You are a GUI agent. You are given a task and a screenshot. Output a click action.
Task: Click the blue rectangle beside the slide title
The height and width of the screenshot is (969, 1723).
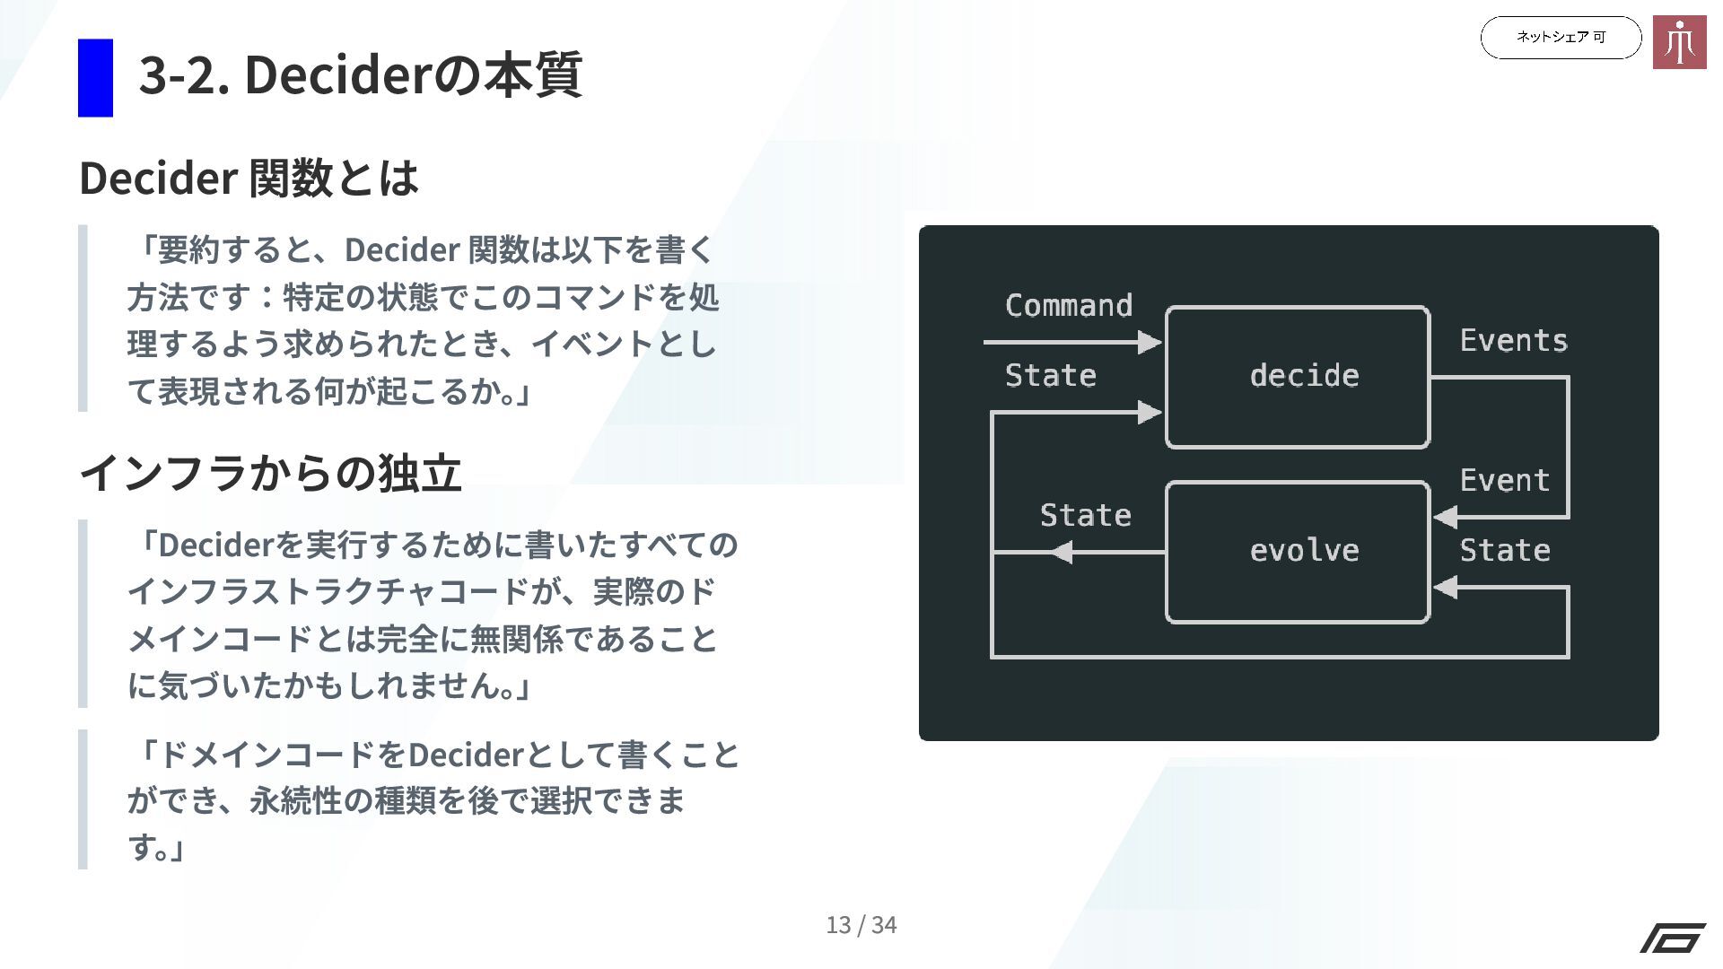[x=95, y=78]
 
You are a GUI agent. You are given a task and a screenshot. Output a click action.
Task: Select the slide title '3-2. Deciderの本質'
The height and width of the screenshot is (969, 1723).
[x=360, y=74]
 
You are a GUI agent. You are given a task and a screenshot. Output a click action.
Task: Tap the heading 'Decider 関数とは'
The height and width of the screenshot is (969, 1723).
[x=249, y=178]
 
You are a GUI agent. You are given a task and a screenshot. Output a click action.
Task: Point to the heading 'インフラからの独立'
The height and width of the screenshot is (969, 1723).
[x=270, y=473]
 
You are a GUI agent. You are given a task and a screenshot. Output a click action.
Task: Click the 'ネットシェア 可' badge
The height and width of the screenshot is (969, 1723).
[x=1561, y=38]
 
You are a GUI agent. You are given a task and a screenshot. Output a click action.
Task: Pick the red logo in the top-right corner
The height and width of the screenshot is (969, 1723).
[x=1679, y=42]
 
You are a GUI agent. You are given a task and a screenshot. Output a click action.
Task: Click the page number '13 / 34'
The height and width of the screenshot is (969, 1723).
[x=861, y=925]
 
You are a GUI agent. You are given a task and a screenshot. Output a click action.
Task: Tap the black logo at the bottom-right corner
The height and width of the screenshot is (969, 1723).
[x=1673, y=938]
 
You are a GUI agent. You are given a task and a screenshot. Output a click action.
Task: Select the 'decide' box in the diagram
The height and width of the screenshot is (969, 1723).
[x=1297, y=377]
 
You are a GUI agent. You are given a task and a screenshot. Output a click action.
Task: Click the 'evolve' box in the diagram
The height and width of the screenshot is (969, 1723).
[x=1297, y=552]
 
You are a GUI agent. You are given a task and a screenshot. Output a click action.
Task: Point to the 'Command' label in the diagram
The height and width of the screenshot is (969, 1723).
[x=1068, y=306]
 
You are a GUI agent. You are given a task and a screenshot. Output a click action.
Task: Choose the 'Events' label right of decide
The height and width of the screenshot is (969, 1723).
[x=1513, y=341]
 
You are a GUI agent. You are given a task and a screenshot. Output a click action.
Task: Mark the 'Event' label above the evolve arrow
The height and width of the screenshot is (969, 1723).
[x=1504, y=481]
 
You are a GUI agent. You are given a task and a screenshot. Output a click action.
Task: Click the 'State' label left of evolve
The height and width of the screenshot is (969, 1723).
[x=1085, y=516]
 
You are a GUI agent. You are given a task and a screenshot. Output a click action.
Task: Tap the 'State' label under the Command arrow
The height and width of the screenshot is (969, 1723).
[x=1050, y=376]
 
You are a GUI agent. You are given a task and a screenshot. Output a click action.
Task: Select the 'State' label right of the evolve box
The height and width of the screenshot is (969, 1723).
[x=1504, y=551]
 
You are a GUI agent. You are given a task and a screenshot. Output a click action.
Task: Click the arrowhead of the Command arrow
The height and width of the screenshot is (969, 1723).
[x=1150, y=342]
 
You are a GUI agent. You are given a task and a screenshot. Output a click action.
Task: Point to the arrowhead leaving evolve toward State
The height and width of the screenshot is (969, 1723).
[x=1061, y=552]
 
